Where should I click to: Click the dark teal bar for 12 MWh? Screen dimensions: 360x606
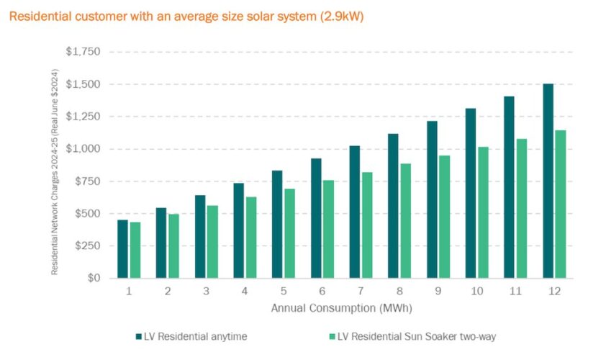pyautogui.click(x=548, y=181)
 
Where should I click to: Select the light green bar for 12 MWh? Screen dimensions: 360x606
pyautogui.click(x=560, y=204)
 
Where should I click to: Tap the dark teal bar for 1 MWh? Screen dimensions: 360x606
pyautogui.click(x=122, y=249)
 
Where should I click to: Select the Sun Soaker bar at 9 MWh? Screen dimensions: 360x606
pyautogui.click(x=444, y=217)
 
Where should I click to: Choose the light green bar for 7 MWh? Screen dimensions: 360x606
pyautogui.click(x=366, y=225)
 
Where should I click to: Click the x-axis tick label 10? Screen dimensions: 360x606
pyautogui.click(x=476, y=292)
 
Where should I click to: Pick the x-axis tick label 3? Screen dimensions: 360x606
pyautogui.click(x=206, y=292)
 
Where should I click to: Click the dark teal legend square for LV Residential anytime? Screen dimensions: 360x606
pyautogui.click(x=137, y=336)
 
